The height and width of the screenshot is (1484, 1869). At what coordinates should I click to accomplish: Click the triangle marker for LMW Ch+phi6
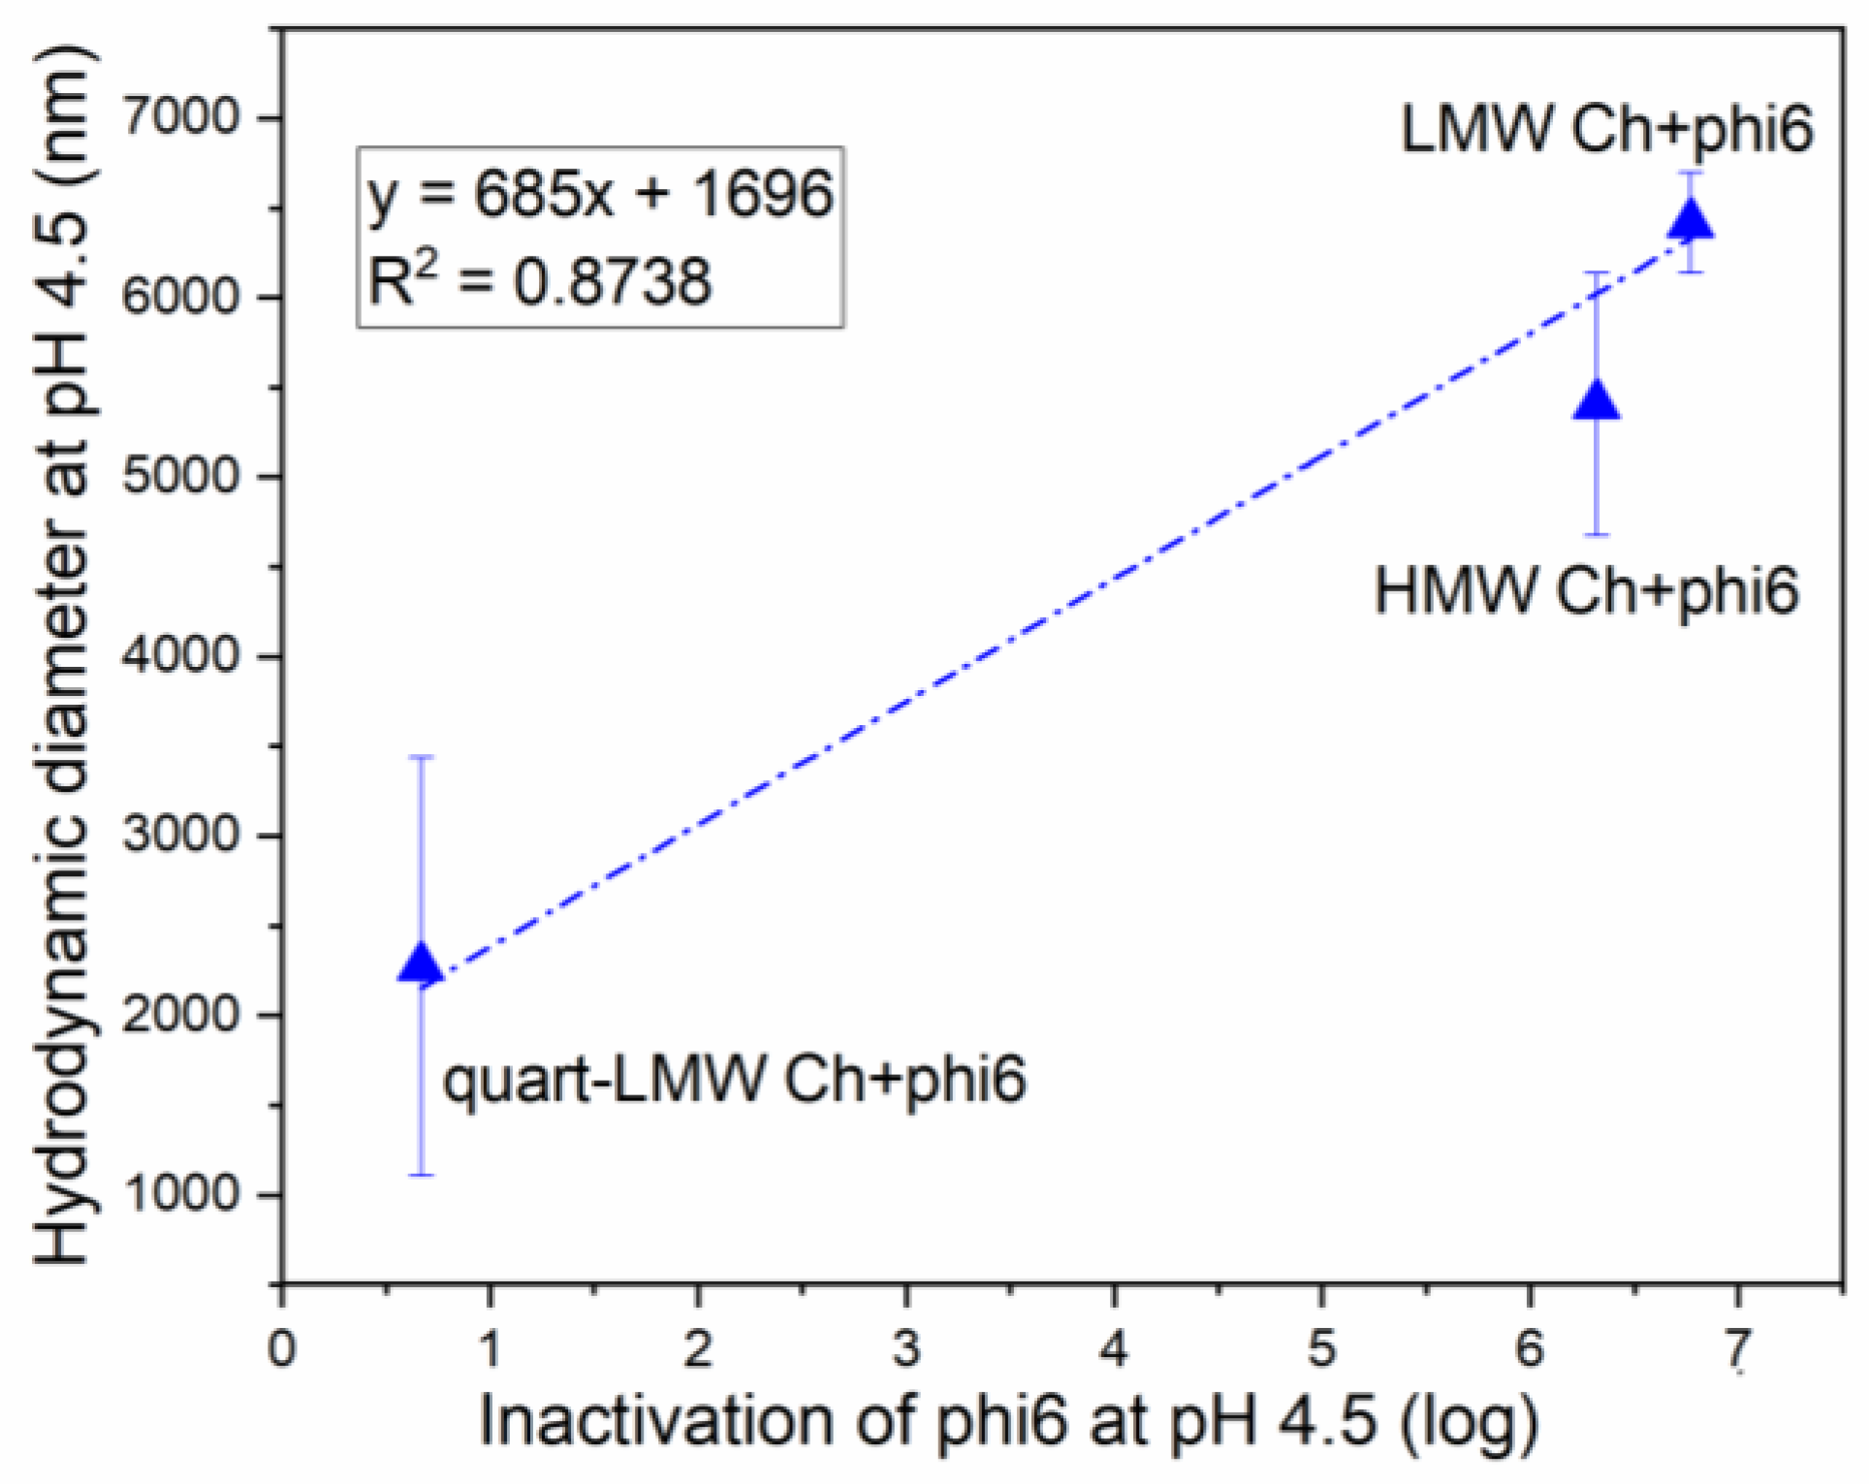point(1692,220)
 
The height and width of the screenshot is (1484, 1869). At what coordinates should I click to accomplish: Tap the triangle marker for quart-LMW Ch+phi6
point(421,963)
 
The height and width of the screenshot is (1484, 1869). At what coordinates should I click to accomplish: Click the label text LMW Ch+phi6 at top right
point(1606,129)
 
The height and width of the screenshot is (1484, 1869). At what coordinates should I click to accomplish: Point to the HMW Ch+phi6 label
point(1586,590)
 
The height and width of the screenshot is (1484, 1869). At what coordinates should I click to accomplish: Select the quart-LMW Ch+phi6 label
point(734,1079)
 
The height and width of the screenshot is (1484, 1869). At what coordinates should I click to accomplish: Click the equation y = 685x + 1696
point(600,193)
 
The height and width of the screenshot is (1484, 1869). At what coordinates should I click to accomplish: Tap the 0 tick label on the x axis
point(282,1348)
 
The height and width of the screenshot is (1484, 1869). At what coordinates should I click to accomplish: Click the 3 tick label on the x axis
point(906,1348)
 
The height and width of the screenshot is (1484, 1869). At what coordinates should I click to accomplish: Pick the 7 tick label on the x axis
point(1737,1348)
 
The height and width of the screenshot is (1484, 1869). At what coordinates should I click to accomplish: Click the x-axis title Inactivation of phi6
point(1008,1422)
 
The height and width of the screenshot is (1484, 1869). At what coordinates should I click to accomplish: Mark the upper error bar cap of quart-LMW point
point(421,757)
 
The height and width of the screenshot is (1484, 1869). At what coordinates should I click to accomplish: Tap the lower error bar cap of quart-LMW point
point(421,1175)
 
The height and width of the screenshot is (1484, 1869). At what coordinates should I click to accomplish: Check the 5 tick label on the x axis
point(1322,1348)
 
